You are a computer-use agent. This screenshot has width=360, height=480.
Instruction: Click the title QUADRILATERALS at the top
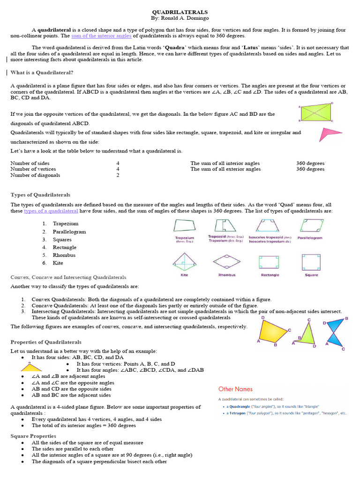(180, 11)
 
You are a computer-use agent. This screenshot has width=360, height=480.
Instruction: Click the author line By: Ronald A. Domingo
(180, 18)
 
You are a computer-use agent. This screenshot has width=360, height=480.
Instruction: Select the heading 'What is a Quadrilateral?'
(42, 73)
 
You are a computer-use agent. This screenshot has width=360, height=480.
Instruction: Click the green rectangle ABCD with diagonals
(315, 112)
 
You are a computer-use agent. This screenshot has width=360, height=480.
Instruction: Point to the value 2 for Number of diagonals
(118, 175)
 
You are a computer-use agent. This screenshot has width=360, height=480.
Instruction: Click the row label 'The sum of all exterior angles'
(225, 169)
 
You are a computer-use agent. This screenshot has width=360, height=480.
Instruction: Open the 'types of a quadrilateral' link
(51, 211)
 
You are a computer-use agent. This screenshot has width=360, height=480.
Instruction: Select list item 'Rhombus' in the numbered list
(64, 255)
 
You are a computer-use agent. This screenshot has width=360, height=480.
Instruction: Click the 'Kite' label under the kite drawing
(184, 275)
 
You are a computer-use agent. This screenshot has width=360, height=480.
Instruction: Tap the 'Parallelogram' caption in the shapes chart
(310, 238)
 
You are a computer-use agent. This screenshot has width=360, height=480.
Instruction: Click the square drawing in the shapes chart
(311, 262)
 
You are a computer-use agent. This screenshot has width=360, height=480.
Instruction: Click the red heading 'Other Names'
(235, 389)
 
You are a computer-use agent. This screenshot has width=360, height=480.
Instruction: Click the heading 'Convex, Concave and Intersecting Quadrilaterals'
(68, 277)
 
